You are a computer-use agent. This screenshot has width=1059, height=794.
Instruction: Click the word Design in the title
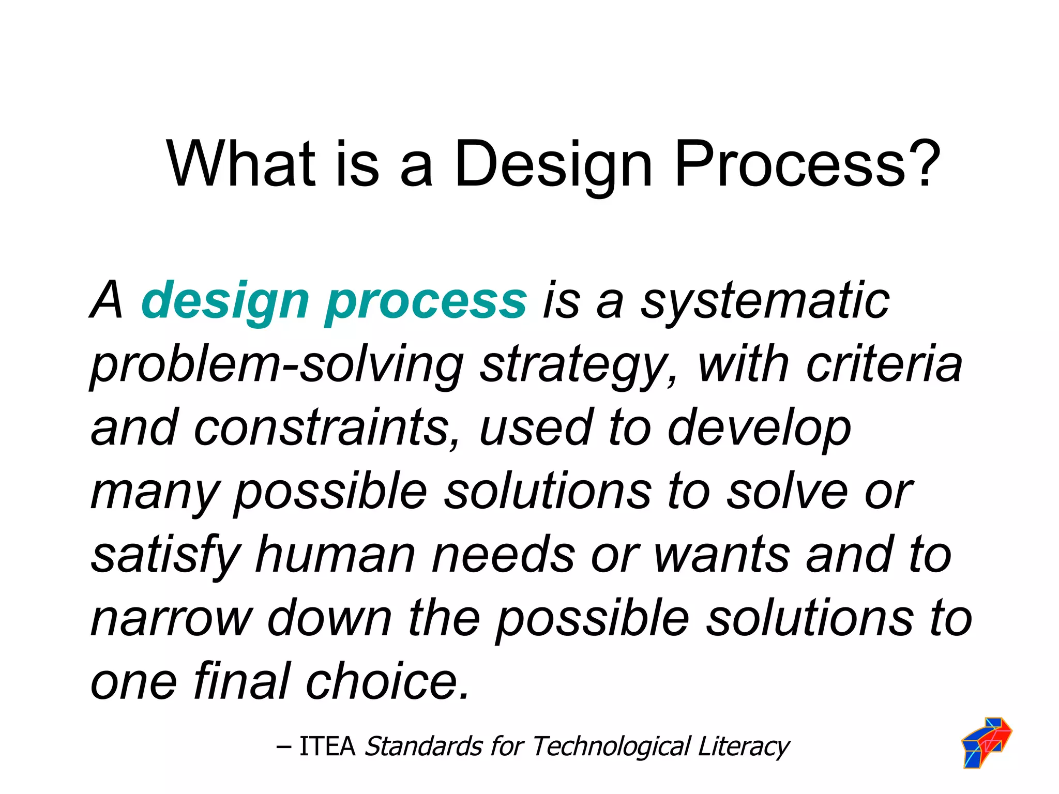pos(553,164)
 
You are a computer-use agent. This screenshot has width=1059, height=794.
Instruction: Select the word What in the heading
pos(240,164)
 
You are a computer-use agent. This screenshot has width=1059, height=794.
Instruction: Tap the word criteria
pos(884,365)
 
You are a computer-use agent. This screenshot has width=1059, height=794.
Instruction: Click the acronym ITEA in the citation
pos(327,746)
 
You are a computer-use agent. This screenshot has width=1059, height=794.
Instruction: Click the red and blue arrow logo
pos(986,741)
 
